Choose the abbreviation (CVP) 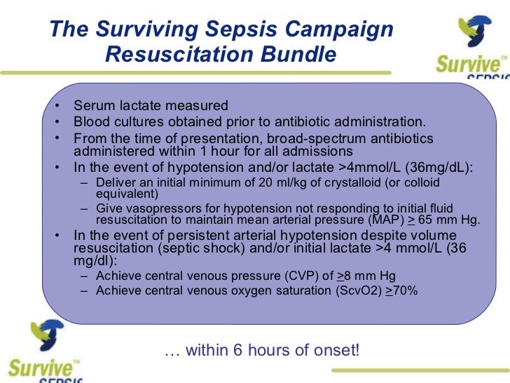[x=285, y=276]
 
